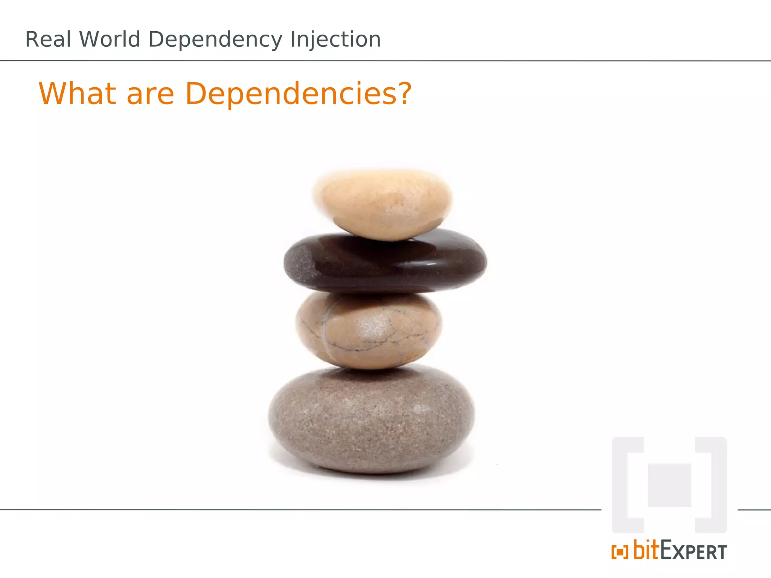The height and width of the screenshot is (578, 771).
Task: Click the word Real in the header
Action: click(x=48, y=40)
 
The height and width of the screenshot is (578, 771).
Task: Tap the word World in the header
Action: click(x=110, y=40)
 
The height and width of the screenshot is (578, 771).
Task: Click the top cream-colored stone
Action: click(x=382, y=203)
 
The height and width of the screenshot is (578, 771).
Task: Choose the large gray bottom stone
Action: click(x=371, y=420)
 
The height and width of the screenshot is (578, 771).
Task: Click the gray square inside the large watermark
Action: click(x=669, y=485)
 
